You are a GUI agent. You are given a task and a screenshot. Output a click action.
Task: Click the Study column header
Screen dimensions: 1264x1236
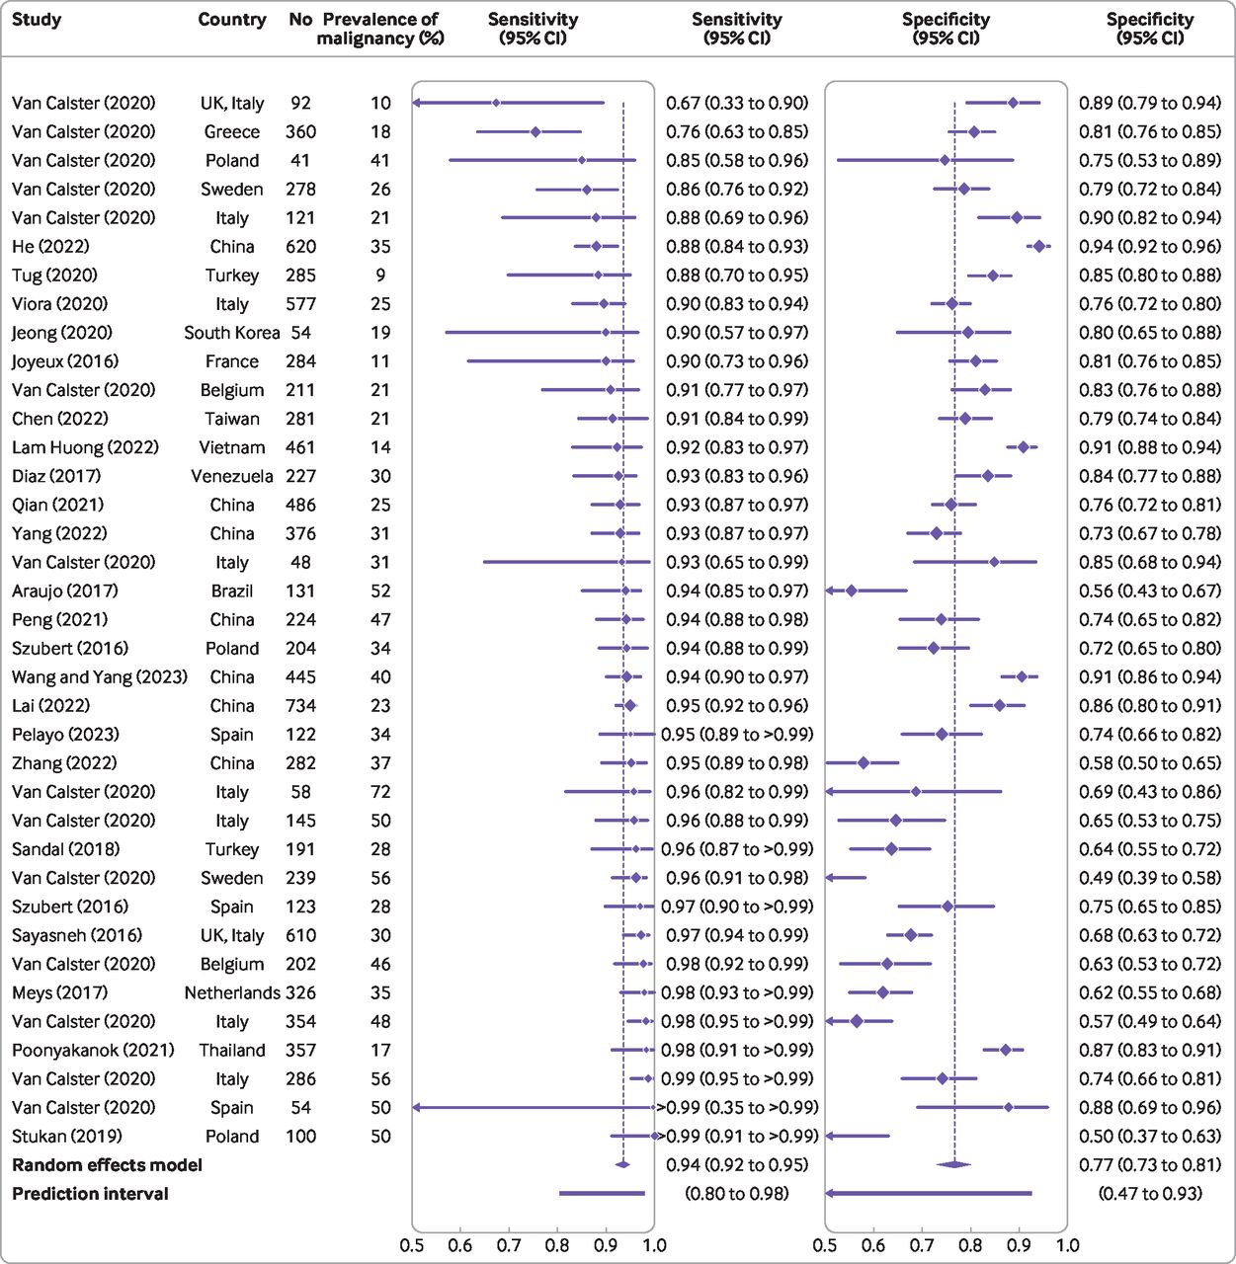pos(37,20)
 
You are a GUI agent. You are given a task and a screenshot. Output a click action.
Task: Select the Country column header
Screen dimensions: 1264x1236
pos(232,20)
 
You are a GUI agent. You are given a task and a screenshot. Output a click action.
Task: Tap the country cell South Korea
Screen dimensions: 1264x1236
pos(232,333)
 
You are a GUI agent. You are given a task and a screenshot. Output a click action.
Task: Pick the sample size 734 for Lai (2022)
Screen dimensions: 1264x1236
pos(301,706)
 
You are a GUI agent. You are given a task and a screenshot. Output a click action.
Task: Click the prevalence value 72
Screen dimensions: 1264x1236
pos(380,792)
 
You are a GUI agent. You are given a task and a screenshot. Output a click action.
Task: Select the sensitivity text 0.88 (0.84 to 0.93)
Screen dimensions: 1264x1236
pos(737,247)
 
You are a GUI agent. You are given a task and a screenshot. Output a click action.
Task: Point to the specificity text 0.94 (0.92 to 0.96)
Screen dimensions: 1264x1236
pos(1150,247)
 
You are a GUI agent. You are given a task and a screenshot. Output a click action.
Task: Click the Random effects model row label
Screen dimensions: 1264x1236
pos(107,1165)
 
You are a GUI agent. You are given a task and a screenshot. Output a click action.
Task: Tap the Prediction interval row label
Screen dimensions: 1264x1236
pos(90,1194)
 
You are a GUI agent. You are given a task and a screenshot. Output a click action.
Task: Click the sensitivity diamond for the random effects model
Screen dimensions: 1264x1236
pos(622,1165)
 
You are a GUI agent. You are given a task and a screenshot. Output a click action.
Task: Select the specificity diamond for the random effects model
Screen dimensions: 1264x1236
pos(954,1165)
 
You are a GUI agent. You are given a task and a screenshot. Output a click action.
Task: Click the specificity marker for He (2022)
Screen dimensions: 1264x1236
pos(1038,247)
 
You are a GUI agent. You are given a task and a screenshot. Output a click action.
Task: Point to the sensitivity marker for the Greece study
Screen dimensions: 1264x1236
pos(536,132)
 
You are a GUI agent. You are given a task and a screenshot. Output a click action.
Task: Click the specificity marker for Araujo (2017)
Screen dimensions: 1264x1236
pos(851,591)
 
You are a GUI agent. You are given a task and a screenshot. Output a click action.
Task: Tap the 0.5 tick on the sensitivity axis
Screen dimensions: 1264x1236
pos(412,1245)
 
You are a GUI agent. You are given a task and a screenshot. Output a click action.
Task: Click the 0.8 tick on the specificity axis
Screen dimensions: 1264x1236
pos(970,1245)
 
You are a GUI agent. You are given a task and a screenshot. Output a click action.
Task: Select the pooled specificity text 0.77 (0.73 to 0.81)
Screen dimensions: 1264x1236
pos(1150,1165)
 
